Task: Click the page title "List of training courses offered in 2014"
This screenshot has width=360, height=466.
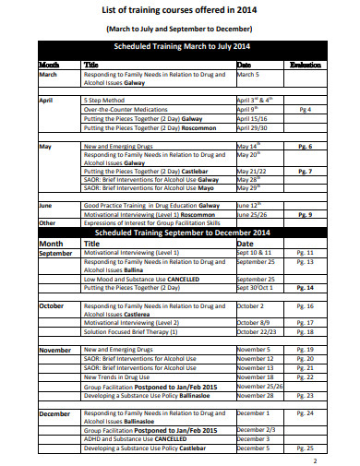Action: (181, 10)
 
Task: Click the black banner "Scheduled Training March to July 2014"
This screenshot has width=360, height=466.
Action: (181, 45)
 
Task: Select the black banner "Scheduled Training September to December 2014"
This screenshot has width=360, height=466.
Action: (181, 232)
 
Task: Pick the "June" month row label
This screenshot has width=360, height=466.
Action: (46, 205)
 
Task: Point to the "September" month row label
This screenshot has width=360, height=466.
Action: (55, 252)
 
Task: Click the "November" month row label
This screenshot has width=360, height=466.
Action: (54, 351)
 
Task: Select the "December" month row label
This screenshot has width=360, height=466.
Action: (54, 413)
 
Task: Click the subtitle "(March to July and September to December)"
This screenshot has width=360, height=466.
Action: (181, 29)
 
